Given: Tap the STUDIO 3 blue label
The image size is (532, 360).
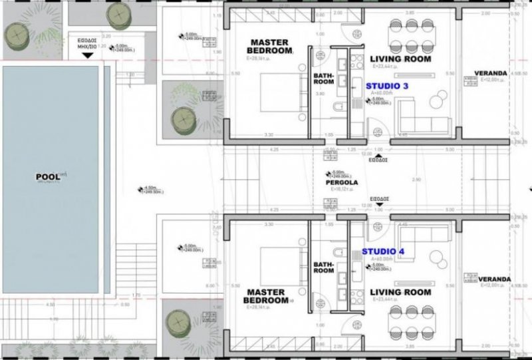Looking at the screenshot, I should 387,87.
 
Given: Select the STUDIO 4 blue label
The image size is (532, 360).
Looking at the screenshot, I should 383,252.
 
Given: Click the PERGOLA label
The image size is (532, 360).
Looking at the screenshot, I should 342,182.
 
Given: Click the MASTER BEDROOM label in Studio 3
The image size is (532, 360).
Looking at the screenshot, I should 269,46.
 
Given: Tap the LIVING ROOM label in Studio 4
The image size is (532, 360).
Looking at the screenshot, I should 400,292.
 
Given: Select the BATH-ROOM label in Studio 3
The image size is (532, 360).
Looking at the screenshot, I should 324,79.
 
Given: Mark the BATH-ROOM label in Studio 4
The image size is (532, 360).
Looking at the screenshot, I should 324,267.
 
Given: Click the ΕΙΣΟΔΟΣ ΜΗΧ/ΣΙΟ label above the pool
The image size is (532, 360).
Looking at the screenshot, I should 82,45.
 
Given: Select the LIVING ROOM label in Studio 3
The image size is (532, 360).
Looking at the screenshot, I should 400,59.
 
